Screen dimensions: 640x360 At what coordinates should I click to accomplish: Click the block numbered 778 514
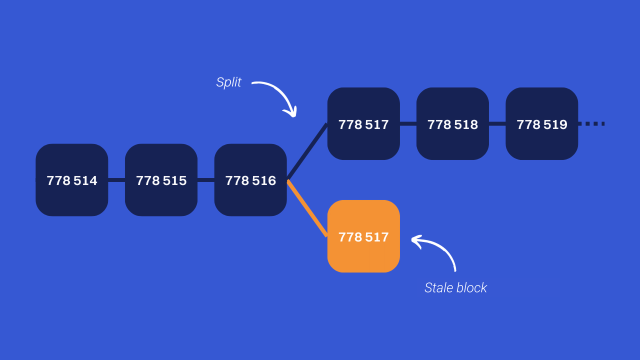click(72, 180)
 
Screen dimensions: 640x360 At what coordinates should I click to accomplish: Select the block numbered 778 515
click(161, 180)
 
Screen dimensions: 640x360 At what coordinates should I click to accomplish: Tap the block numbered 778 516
click(250, 180)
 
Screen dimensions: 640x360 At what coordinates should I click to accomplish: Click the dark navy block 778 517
click(363, 124)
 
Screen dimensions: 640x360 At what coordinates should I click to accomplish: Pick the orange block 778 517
click(363, 236)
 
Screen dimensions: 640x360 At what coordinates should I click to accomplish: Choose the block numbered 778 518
click(452, 124)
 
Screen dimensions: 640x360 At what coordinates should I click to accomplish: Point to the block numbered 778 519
click(541, 124)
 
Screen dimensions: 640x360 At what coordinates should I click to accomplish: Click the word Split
click(228, 82)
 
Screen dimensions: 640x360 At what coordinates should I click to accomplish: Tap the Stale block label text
click(455, 287)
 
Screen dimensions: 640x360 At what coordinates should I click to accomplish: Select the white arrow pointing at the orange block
click(440, 247)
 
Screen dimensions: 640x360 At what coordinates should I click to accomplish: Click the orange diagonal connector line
click(307, 208)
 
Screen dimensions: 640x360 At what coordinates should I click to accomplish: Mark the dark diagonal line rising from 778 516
click(307, 151)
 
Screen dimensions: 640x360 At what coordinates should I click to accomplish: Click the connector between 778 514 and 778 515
click(116, 180)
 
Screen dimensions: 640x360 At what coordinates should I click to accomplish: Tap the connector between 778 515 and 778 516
click(206, 180)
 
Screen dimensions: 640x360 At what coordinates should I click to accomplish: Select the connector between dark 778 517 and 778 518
click(408, 124)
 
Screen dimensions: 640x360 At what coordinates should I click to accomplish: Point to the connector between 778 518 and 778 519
click(497, 124)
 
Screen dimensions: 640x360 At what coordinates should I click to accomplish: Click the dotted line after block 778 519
click(592, 123)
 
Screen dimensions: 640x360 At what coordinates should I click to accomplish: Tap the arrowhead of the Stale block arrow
click(414, 239)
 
